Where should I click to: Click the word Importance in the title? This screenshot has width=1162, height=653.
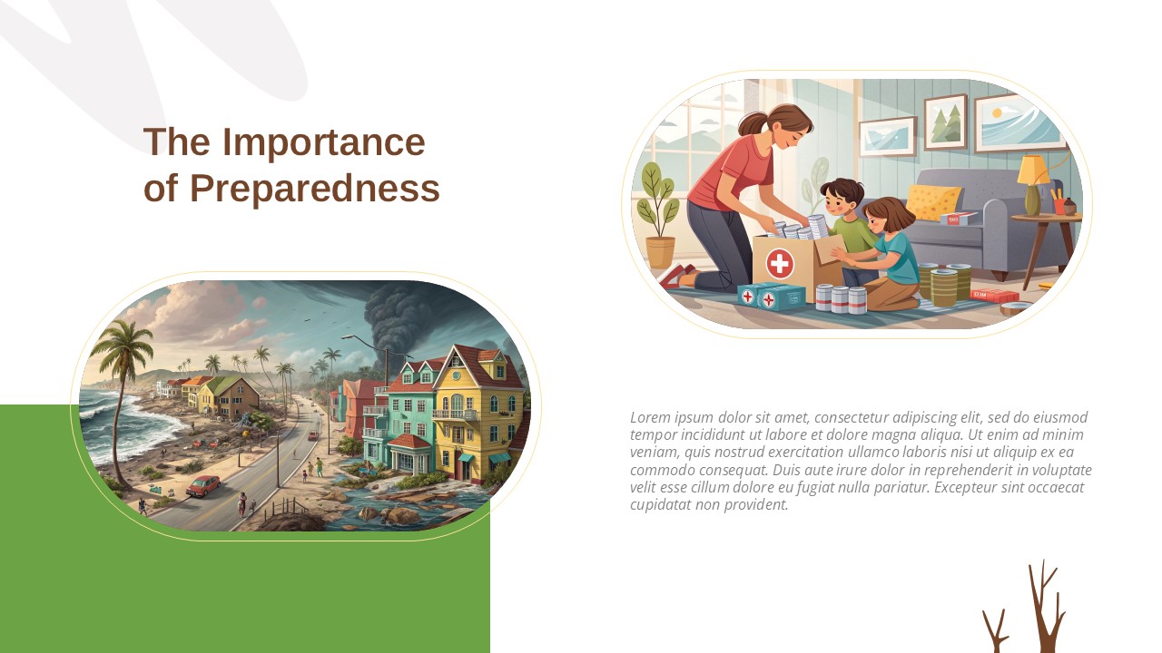point(323,142)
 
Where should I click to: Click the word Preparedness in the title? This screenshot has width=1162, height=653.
point(314,189)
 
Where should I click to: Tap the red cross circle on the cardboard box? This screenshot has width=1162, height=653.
point(779,264)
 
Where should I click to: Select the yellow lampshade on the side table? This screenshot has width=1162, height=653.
point(1032,170)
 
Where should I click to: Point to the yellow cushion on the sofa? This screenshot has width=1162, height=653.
point(932,201)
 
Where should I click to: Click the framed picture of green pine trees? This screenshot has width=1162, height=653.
point(945,122)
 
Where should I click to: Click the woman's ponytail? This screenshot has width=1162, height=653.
point(753,123)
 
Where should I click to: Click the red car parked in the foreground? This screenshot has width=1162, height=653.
point(203,486)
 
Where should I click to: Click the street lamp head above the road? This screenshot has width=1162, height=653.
point(347,337)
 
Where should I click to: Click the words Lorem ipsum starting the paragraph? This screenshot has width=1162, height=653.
point(672,417)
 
